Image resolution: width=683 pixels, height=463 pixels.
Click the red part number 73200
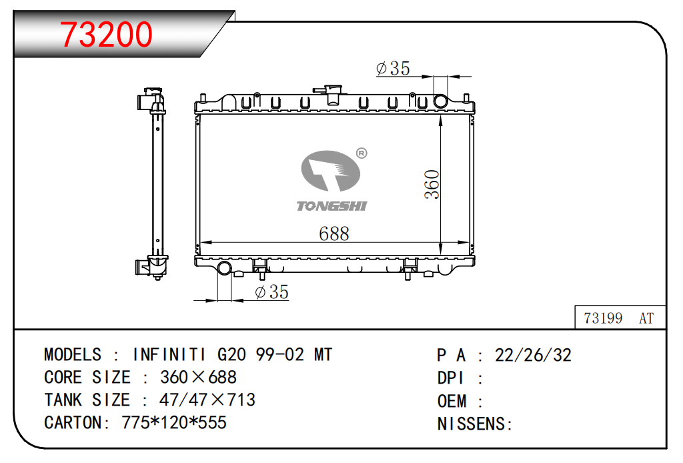click(x=106, y=35)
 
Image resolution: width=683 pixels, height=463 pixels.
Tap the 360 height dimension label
click(x=432, y=184)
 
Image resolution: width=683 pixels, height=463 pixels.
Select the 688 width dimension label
click(x=334, y=234)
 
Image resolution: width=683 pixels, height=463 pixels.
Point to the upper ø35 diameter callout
click(x=393, y=69)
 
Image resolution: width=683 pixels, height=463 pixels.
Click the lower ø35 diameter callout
click(x=272, y=292)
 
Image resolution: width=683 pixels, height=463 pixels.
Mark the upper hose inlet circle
click(x=440, y=101)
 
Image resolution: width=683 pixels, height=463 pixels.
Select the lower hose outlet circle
click(x=224, y=268)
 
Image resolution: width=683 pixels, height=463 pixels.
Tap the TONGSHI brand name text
click(x=332, y=206)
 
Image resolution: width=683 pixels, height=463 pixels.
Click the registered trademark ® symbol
click(x=362, y=153)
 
